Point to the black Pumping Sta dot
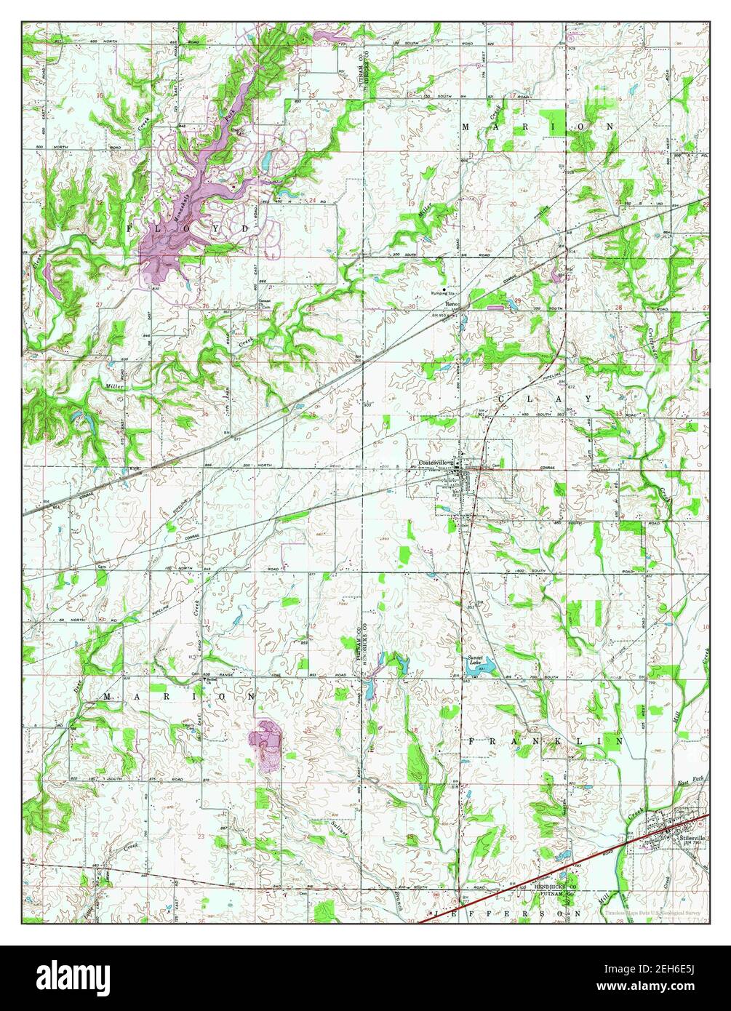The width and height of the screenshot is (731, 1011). (x=445, y=289)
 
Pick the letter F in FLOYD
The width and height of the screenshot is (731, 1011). (x=131, y=228)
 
